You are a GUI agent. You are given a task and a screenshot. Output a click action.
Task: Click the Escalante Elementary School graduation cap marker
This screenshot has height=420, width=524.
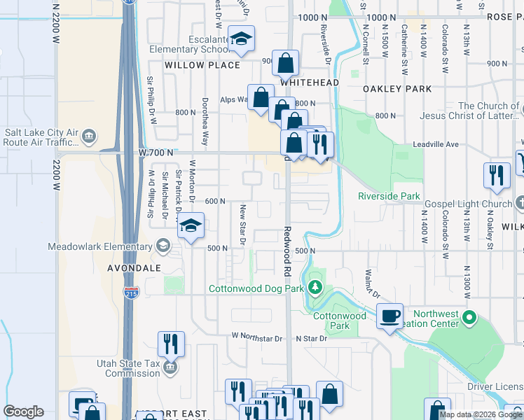[241, 41]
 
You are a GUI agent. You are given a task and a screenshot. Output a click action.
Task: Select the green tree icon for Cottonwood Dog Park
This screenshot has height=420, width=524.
[315, 287]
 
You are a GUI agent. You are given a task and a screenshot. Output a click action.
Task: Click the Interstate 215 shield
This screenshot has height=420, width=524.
[131, 293]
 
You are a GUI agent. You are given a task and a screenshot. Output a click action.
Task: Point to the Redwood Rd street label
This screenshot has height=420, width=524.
[287, 250]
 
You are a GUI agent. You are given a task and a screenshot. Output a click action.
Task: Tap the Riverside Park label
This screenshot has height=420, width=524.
[389, 196]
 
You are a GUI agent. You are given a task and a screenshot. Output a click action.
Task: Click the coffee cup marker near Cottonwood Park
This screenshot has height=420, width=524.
[390, 316]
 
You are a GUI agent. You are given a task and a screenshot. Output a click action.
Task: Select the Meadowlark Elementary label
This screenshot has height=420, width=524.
[99, 246]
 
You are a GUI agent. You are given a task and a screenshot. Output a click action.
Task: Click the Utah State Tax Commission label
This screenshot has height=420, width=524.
[132, 368]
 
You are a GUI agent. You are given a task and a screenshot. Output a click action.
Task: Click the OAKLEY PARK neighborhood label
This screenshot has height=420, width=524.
[397, 89]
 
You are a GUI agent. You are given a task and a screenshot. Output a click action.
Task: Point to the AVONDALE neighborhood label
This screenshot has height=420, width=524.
[134, 268]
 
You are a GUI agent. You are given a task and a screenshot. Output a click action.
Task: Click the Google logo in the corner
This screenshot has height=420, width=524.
[23, 412]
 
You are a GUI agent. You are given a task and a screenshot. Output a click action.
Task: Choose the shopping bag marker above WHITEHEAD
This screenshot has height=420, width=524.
[286, 64]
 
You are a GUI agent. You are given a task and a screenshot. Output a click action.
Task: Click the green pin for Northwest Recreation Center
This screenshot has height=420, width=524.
[472, 320]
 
